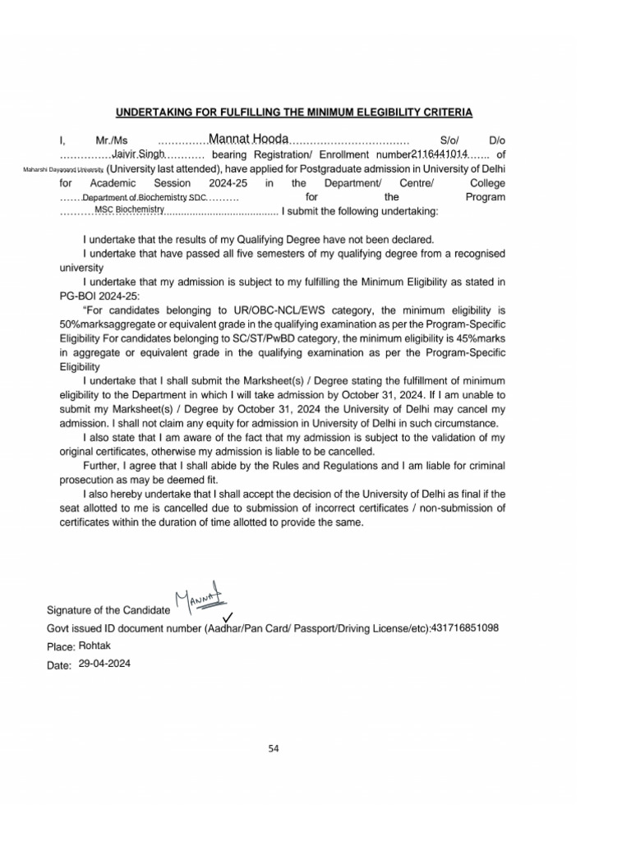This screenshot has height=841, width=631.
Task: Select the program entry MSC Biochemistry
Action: tap(130, 210)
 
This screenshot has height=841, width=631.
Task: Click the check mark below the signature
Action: tap(228, 618)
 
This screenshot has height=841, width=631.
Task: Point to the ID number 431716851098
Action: tap(464, 627)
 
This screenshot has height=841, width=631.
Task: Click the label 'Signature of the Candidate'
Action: tap(108, 610)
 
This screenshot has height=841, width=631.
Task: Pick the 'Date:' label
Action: tap(60, 665)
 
